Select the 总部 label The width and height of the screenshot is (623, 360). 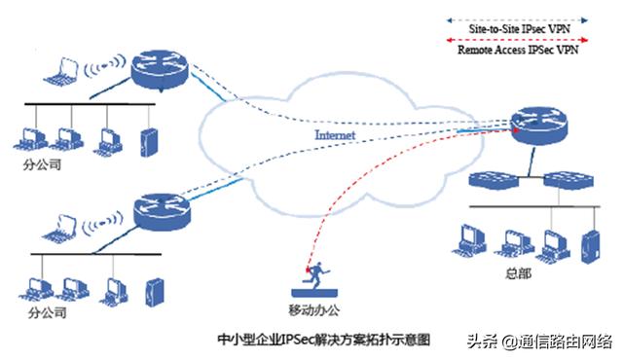click(519, 275)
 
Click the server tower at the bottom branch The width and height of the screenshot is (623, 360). click(154, 290)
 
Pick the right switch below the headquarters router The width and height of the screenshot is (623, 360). click(563, 180)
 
